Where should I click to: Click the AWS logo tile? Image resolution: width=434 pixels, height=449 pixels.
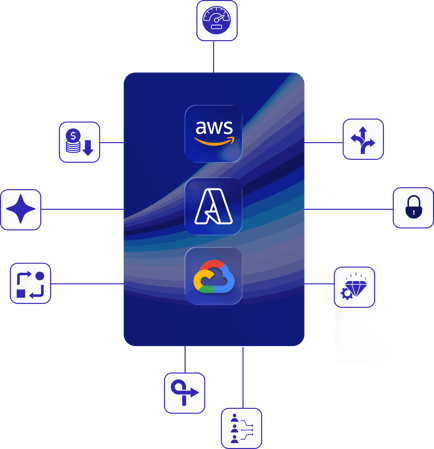pos(213,134)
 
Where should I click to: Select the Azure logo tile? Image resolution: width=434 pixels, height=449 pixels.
pos(213,206)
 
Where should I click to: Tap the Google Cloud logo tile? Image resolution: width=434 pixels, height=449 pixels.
pos(213,276)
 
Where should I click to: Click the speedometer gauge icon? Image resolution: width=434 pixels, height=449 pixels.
pos(217,20)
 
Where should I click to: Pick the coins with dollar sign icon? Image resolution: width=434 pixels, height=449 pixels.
pos(79,142)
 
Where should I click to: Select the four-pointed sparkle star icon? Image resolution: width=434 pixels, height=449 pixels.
pos(21,209)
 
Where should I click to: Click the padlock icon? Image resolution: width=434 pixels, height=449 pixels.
pos(413,207)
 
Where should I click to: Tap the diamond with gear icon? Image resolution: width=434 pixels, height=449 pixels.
pos(354,286)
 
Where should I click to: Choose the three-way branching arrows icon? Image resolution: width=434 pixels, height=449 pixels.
pos(363,140)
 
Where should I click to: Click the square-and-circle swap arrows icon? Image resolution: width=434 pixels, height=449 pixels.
pos(30,284)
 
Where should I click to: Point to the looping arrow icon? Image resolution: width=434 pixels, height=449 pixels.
pos(184,393)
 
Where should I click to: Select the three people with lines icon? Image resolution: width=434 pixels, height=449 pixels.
pos(242,428)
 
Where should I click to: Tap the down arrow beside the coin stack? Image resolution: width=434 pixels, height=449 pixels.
pos(88,148)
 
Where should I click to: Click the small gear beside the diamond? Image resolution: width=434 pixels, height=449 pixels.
pos(346,294)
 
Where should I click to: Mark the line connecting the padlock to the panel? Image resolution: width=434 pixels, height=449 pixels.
pos(349,209)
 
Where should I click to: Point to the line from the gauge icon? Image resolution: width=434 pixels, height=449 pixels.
pos(213,57)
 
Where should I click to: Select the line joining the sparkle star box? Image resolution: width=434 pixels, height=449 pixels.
pos(82,209)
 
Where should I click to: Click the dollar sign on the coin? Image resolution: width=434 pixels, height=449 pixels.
pos(73,136)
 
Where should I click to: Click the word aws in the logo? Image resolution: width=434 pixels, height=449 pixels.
pos(214,127)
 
